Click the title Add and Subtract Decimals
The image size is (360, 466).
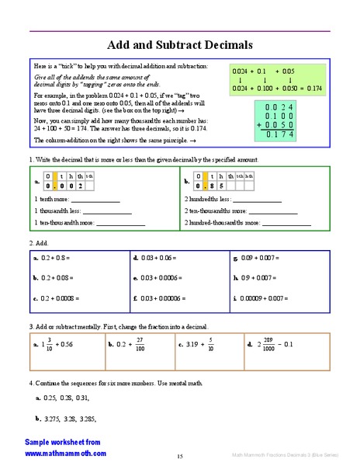coord(180,45)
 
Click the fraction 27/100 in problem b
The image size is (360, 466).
coord(140,344)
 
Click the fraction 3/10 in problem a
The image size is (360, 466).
coord(50,344)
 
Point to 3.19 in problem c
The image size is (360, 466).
coord(191,344)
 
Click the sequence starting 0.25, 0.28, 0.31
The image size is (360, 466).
coord(62,398)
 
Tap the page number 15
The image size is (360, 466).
coord(179,456)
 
